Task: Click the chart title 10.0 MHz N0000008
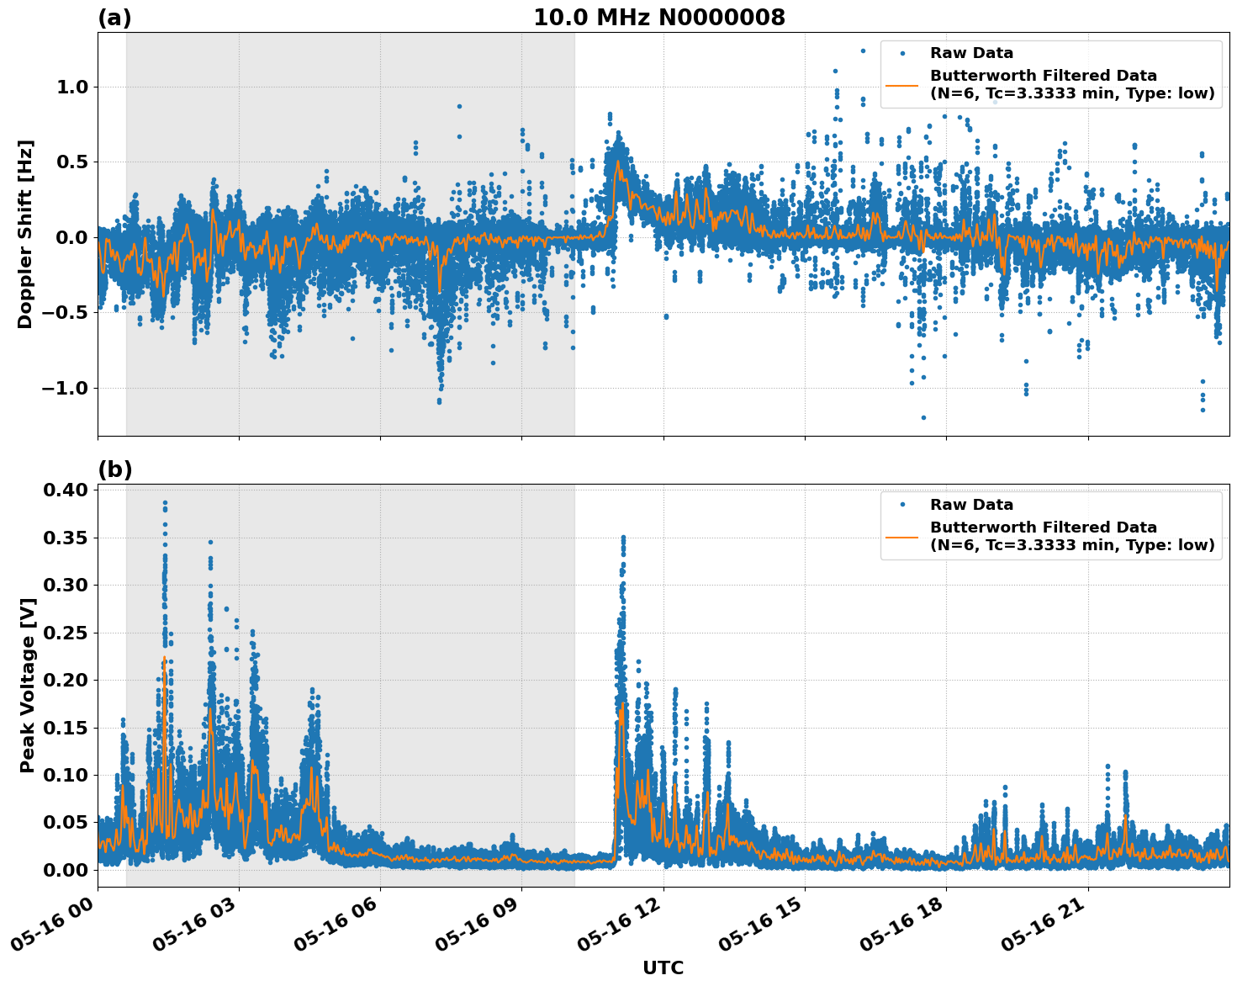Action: [658, 18]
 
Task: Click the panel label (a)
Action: [114, 18]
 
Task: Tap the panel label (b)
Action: [114, 469]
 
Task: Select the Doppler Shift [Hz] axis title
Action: [25, 234]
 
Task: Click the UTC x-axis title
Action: [663, 967]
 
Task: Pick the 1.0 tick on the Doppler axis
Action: [70, 87]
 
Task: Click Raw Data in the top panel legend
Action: [971, 53]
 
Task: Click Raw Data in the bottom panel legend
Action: [971, 505]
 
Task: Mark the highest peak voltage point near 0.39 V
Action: [165, 502]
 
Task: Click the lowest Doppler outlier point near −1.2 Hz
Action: [922, 417]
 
